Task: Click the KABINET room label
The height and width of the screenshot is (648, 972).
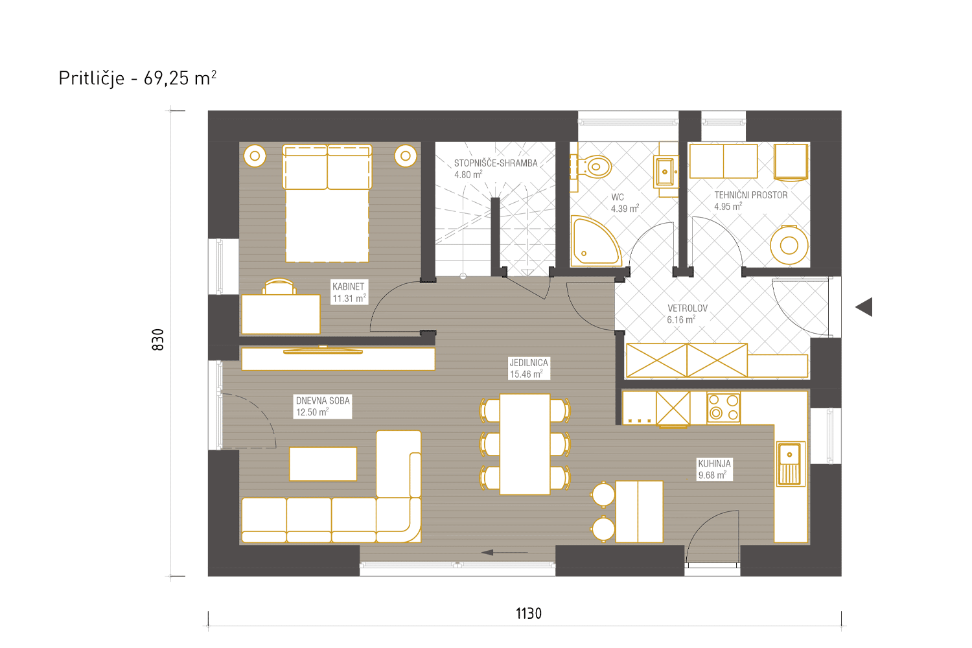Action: [349, 286]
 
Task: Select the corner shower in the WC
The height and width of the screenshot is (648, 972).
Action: [596, 241]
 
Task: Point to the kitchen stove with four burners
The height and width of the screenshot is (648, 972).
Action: [723, 407]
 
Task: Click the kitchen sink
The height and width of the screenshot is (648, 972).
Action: [791, 463]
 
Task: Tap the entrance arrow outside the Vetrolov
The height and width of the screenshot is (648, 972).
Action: [864, 307]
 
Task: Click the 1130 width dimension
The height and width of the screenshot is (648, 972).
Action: [529, 613]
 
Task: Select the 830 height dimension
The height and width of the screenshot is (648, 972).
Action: [158, 340]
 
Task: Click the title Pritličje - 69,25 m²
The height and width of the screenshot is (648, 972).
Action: [137, 78]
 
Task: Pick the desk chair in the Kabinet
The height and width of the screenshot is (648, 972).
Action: [279, 287]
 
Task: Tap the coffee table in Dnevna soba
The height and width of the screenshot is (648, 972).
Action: [323, 464]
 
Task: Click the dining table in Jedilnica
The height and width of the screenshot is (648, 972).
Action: [525, 444]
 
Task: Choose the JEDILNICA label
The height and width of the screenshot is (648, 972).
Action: [529, 362]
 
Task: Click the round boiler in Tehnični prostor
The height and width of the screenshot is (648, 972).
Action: [789, 245]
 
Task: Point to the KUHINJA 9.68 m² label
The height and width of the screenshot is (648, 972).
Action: [714, 469]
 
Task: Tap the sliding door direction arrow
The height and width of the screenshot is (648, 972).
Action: [504, 553]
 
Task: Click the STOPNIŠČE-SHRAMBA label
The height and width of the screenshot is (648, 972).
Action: [496, 163]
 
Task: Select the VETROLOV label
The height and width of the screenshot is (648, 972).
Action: [688, 308]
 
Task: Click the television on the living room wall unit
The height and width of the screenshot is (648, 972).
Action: [323, 350]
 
